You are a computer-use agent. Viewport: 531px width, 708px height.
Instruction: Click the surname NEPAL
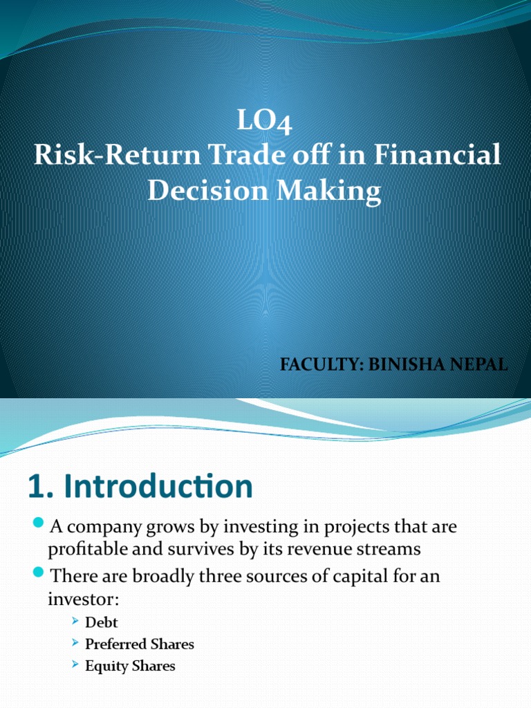pyautogui.click(x=476, y=365)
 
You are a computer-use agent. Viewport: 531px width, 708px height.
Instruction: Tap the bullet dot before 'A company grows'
pyautogui.click(x=39, y=523)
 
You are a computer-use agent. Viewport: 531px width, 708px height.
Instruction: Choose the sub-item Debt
pyautogui.click(x=101, y=622)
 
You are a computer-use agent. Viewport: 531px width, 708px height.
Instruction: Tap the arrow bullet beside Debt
pyautogui.click(x=76, y=622)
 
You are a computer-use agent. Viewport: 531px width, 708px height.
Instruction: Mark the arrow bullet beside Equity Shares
pyautogui.click(x=76, y=665)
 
